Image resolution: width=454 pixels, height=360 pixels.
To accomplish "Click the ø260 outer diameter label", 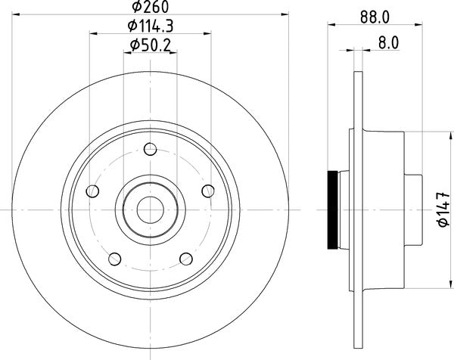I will (x=151, y=8).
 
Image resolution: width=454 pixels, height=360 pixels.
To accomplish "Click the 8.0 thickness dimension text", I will (x=387, y=45).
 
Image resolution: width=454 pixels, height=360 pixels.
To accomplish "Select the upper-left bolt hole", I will (x=94, y=189).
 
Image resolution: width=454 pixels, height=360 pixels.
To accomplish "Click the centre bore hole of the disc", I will (x=151, y=206).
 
